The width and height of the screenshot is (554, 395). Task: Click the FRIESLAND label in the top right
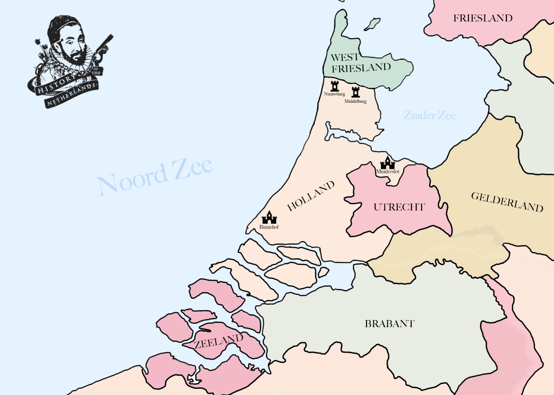483,18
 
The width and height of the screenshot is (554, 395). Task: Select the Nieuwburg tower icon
334,86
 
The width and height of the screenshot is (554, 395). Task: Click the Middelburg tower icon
356,92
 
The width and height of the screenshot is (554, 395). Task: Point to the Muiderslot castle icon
387,163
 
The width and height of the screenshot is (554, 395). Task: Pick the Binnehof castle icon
269,218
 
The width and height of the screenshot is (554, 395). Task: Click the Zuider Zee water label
429,115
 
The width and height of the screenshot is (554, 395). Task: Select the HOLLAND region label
311,196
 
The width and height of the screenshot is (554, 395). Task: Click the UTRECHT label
399,207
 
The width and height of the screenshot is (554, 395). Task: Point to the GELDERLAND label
507,202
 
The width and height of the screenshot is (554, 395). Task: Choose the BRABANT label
390,324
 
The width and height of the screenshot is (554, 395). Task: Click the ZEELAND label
218,342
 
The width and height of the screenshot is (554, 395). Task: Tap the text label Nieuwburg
334,94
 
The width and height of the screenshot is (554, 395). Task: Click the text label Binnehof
269,227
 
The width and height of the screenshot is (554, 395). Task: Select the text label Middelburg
355,101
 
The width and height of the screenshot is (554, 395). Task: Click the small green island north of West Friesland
372,24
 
